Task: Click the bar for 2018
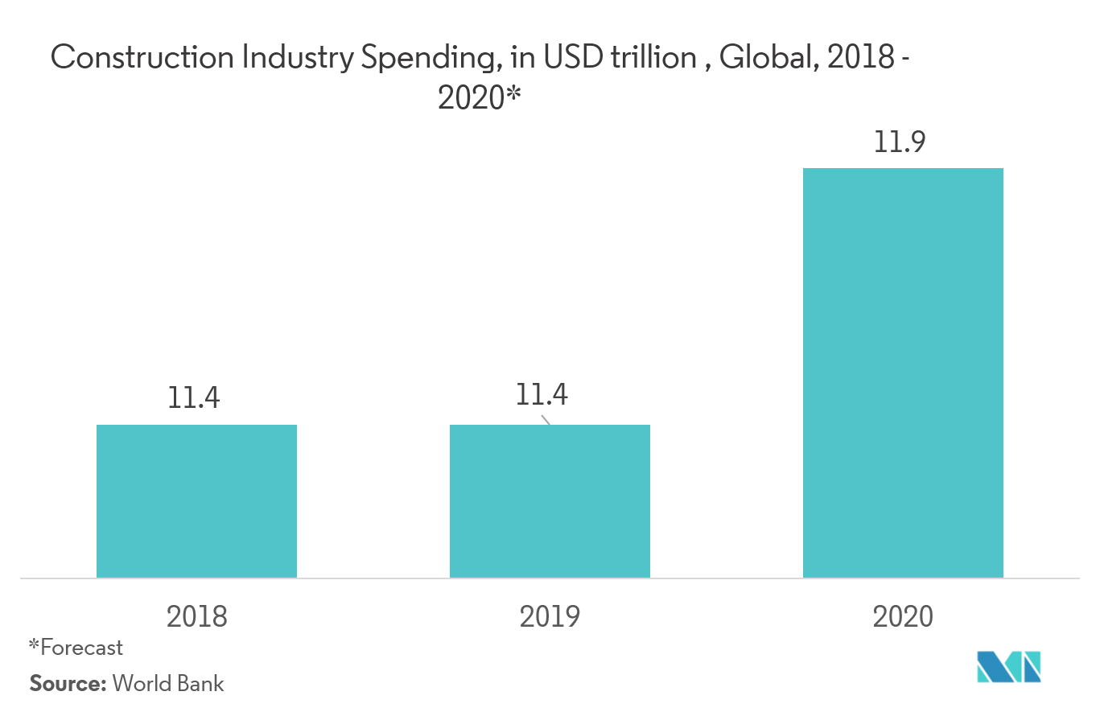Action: tap(196, 500)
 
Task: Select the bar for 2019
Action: tap(550, 500)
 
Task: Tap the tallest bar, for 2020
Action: tap(903, 372)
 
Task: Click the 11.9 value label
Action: tap(903, 142)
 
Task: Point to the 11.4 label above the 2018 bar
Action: tap(194, 398)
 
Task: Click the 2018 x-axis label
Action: tap(196, 616)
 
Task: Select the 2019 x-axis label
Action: tap(550, 616)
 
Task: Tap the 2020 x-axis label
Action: tap(903, 616)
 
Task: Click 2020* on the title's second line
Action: tap(480, 99)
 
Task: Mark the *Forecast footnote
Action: tap(76, 647)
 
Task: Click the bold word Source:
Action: tap(68, 684)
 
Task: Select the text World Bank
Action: tap(169, 684)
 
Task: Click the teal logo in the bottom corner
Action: tap(1008, 667)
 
